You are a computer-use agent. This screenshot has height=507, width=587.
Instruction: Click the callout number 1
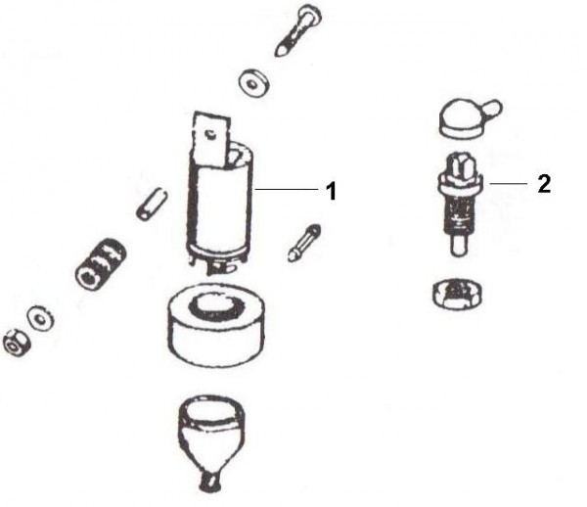(x=331, y=191)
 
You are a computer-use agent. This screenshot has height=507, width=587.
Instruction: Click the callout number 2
(x=544, y=184)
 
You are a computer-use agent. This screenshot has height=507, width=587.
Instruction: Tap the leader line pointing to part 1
(x=287, y=190)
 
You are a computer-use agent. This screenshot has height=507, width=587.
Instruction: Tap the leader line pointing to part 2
(x=508, y=183)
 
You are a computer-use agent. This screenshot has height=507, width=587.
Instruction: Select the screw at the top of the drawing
(x=298, y=30)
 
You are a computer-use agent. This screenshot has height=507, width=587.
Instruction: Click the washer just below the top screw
(x=255, y=83)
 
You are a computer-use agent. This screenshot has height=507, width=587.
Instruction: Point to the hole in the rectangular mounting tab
(x=209, y=133)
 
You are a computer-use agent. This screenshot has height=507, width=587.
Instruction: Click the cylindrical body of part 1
(x=220, y=209)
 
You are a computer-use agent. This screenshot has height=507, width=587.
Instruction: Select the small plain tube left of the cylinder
(x=152, y=205)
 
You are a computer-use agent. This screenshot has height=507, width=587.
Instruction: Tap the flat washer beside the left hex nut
(x=40, y=319)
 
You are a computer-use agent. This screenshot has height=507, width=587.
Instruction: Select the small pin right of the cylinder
(x=304, y=243)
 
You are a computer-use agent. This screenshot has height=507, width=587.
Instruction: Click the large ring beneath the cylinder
(x=216, y=325)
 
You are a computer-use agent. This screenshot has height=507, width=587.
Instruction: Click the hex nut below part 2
(x=458, y=294)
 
